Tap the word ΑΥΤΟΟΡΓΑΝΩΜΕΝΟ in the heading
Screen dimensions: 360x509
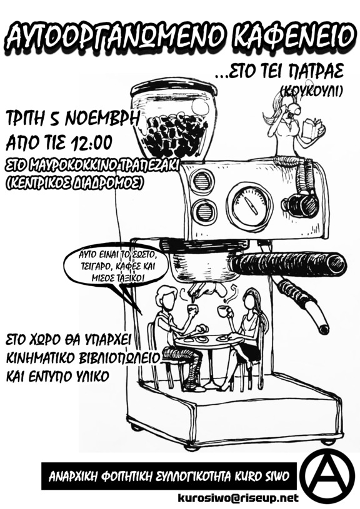pyautogui.click(x=116, y=35)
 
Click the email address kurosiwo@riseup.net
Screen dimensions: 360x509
pyautogui.click(x=238, y=497)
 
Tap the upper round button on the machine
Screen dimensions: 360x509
pyautogui.click(x=201, y=180)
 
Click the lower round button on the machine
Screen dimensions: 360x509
pyautogui.click(x=204, y=212)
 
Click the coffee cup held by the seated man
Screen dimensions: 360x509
pyautogui.click(x=192, y=309)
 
